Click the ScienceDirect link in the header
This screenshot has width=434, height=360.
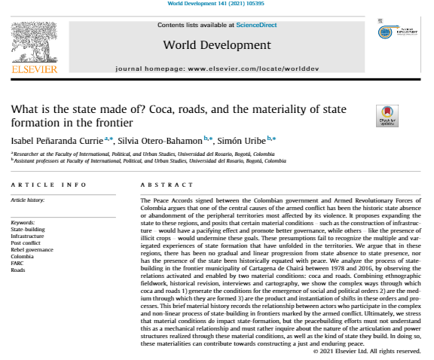[x=255, y=25]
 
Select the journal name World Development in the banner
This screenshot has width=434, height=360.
[x=216, y=45]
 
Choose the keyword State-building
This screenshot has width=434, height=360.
[x=27, y=228]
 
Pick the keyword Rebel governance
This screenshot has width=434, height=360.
[x=32, y=248]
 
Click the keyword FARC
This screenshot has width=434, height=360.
[x=18, y=261]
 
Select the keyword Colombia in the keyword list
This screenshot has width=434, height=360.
[x=23, y=255]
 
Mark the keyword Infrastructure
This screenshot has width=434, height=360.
[x=28, y=235]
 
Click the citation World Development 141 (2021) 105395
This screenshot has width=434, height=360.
[x=216, y=5]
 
